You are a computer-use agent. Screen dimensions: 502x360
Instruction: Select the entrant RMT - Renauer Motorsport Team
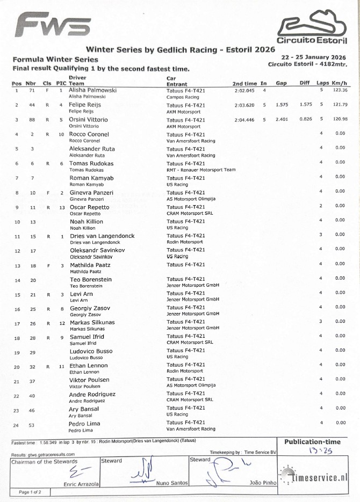[201, 170]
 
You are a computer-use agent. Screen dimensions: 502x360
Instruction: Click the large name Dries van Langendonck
[102, 236]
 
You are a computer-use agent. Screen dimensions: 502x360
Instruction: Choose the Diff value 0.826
[306, 119]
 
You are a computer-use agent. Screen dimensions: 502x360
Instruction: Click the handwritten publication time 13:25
[321, 452]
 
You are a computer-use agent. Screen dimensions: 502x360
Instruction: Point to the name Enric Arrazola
[81, 484]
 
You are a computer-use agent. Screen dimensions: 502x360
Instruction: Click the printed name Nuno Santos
[171, 483]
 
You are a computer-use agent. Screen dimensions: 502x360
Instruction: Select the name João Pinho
[263, 483]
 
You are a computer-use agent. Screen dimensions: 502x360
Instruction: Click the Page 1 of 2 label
[33, 491]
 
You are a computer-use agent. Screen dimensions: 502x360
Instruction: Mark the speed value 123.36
[340, 91]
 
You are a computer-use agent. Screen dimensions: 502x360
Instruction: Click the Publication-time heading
[312, 442]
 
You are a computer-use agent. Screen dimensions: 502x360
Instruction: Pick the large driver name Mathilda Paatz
[90, 265]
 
